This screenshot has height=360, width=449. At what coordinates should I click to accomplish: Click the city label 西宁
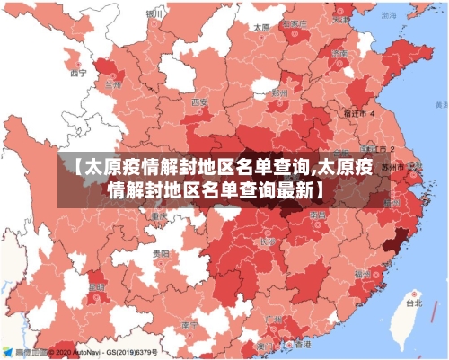[78, 73]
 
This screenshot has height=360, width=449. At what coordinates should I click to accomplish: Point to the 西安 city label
[199, 102]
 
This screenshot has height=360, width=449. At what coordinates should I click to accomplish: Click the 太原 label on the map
[261, 28]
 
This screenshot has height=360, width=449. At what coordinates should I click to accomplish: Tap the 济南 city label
[339, 55]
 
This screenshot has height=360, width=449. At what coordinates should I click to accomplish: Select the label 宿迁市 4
[361, 115]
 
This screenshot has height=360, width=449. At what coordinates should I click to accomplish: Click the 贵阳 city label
[160, 255]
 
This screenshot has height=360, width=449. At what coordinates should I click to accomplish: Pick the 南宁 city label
[189, 324]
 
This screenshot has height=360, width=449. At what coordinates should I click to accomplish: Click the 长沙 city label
[267, 241]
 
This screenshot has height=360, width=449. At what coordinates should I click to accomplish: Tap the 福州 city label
[362, 273]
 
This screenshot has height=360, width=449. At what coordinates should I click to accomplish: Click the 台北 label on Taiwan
[412, 303]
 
